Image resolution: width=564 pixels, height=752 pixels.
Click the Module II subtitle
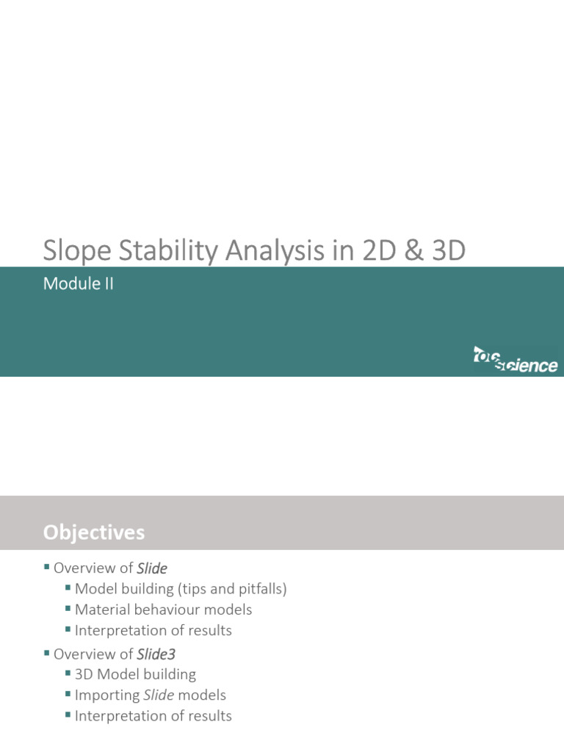[x=79, y=283]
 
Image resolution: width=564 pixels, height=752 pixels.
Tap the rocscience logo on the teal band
[x=515, y=360]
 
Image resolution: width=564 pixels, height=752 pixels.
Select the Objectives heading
[x=93, y=532]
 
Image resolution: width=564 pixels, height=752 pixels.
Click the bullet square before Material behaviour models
[x=68, y=609]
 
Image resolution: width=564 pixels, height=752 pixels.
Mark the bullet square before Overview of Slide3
[x=48, y=653]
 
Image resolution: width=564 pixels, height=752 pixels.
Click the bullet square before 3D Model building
[x=68, y=673]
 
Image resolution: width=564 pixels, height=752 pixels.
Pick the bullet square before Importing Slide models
[x=68, y=694]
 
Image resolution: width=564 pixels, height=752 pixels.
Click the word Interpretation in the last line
[x=117, y=715]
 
